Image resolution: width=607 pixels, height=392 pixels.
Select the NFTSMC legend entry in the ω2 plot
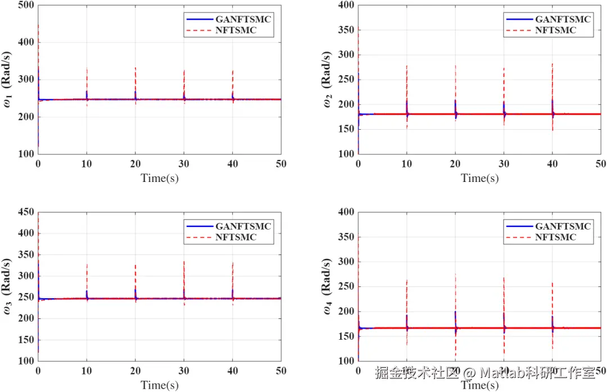pyautogui.click(x=555, y=30)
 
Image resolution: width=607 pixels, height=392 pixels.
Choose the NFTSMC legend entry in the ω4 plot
pyautogui.click(x=555, y=238)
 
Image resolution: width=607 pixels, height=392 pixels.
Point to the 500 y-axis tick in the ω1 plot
pyautogui.click(x=26, y=6)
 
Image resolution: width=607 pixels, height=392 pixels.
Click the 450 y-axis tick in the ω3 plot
pyautogui.click(x=26, y=212)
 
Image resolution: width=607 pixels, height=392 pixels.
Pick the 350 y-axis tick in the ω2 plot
pyautogui.click(x=346, y=30)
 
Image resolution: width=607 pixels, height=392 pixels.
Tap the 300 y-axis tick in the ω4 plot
pyautogui.click(x=346, y=262)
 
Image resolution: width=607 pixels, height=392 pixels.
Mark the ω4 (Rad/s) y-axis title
pyautogui.click(x=329, y=286)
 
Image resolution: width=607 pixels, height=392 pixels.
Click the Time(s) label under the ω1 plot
pyautogui.click(x=160, y=179)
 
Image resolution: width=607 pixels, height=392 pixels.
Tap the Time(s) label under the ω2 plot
pyautogui.click(x=479, y=179)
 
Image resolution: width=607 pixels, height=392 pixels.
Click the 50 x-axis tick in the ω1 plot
pyautogui.click(x=281, y=163)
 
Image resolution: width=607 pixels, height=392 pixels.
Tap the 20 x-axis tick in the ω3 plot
pyautogui.click(x=135, y=371)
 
